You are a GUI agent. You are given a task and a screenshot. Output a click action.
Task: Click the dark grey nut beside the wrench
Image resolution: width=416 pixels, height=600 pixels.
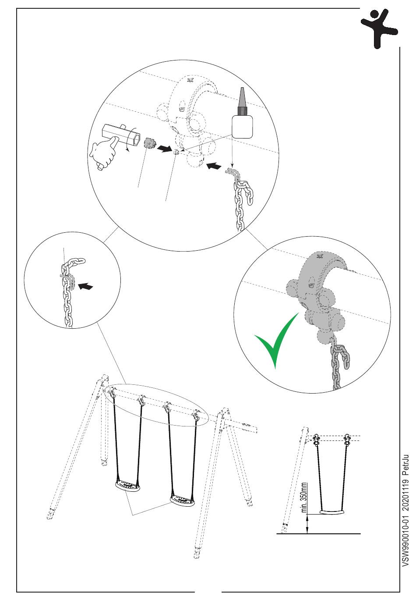point(150,143)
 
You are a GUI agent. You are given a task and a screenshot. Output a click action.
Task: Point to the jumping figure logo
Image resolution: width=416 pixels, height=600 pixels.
point(379,28)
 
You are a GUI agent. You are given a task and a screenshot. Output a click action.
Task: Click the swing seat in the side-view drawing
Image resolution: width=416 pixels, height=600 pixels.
point(331,512)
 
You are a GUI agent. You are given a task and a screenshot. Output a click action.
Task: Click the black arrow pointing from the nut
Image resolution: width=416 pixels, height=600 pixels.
point(165,148)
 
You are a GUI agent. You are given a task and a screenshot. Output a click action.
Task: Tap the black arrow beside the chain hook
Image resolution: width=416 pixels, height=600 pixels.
point(214,166)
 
